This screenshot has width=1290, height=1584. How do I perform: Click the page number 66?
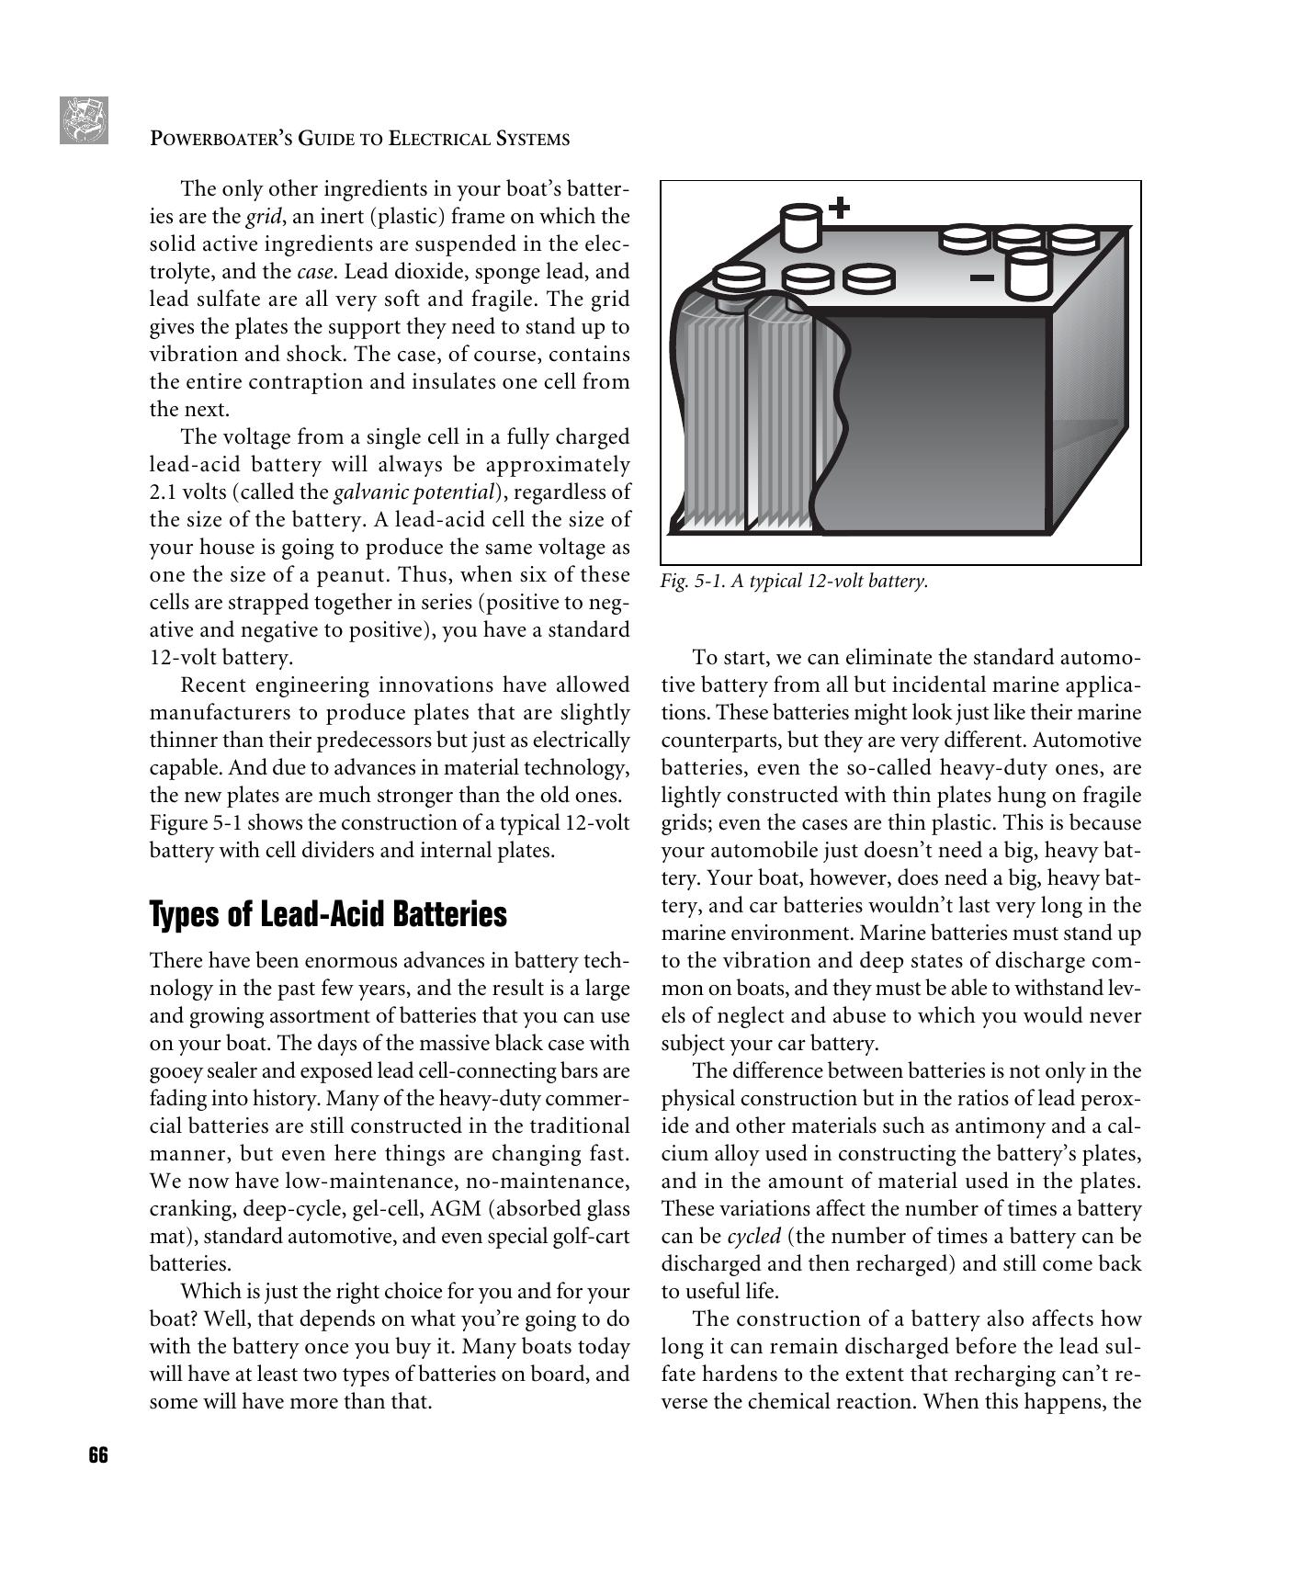coord(98,1455)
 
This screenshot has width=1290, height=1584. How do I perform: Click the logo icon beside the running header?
coord(84,120)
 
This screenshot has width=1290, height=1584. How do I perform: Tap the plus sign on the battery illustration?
coord(839,208)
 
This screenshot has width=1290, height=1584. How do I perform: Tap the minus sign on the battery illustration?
coord(982,277)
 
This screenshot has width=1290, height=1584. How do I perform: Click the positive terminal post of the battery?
coord(799,227)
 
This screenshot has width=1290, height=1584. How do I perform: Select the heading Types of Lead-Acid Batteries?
coord(328,914)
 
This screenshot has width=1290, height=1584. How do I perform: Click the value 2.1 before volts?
coord(163,492)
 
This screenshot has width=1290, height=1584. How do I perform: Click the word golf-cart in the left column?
coord(590,1237)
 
